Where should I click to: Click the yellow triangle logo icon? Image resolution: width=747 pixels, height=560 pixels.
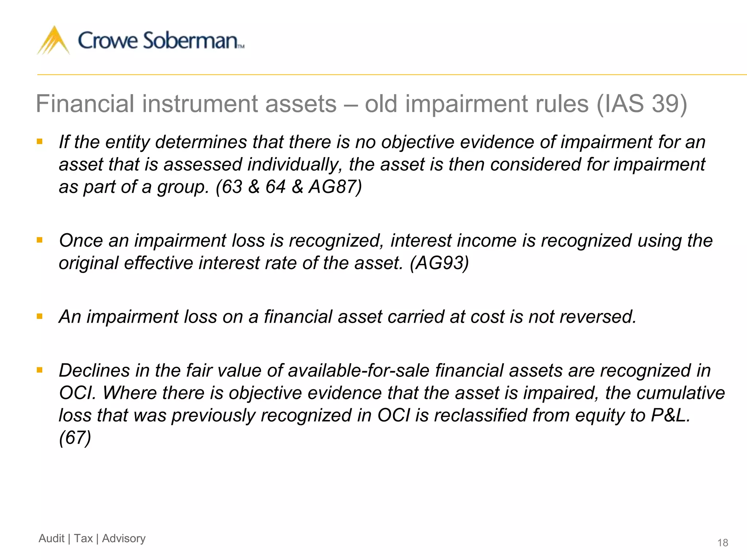pos(54,41)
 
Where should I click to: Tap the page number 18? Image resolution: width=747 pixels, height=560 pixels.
pos(722,543)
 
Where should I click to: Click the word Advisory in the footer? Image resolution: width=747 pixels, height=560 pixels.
pos(124,538)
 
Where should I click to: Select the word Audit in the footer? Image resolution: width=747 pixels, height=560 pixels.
pos(51,538)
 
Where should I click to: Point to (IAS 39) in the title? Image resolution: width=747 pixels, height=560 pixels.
pos(642,104)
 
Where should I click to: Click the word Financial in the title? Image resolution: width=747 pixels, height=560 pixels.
pos(85,104)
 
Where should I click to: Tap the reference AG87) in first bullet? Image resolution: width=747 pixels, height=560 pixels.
pos(335,187)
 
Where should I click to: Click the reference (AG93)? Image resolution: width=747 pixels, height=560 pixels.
pos(439,263)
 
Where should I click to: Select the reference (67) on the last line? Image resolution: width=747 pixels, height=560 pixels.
pos(75,437)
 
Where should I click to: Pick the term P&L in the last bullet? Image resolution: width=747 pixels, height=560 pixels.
pos(670,415)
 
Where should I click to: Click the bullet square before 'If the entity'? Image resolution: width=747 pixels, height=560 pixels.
pos(40,141)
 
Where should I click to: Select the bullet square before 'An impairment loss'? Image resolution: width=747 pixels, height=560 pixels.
pos(40,316)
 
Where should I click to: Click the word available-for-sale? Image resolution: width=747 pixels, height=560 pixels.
pos(359,370)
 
